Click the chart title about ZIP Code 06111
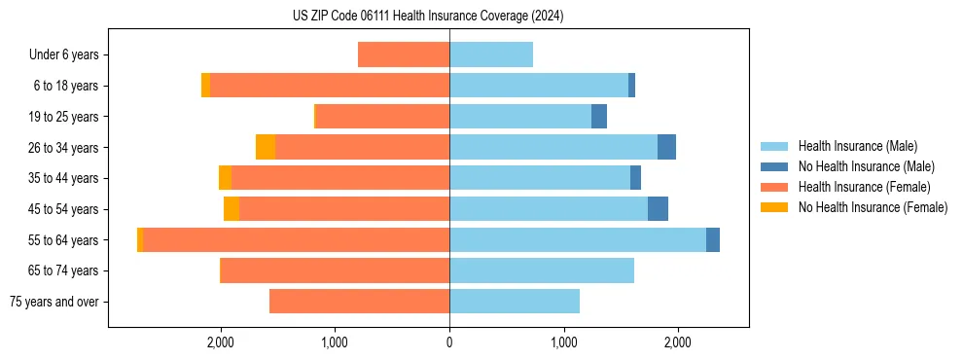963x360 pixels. point(427,17)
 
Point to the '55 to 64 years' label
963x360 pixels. point(63,240)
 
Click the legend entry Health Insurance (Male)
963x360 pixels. point(857,146)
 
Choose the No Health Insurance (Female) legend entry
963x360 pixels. point(873,207)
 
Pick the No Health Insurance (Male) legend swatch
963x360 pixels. point(774,166)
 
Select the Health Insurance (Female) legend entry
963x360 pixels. point(865,187)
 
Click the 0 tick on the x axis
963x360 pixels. point(449,342)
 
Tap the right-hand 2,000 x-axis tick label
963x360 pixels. point(678,342)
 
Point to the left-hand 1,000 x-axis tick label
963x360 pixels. point(335,342)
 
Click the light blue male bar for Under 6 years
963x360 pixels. point(491,54)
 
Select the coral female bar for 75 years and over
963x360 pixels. point(359,302)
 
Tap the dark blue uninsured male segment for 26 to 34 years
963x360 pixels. point(666,147)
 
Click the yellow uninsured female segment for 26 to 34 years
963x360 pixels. point(266,147)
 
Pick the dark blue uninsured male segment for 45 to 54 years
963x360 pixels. point(658,209)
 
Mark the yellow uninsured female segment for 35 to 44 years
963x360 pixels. point(225,178)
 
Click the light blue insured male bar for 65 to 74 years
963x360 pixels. point(542,270)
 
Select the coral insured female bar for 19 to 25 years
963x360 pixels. point(382,117)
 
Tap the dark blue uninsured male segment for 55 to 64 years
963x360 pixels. point(713,239)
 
